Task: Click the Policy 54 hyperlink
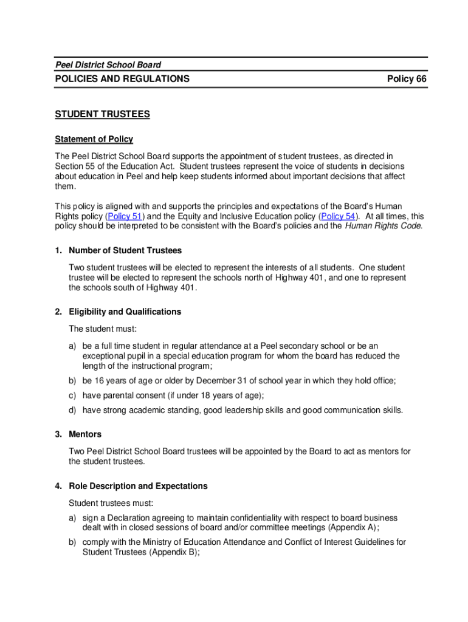(338, 216)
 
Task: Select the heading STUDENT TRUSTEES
(102, 114)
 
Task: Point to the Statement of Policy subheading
(94, 139)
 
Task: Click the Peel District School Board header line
(108, 64)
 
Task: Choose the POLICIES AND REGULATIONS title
(122, 79)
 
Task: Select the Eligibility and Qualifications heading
(125, 312)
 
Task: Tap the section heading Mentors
(85, 434)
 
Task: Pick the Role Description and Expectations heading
(138, 486)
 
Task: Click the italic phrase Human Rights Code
(383, 227)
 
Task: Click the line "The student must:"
(103, 329)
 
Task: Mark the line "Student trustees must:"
(111, 503)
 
